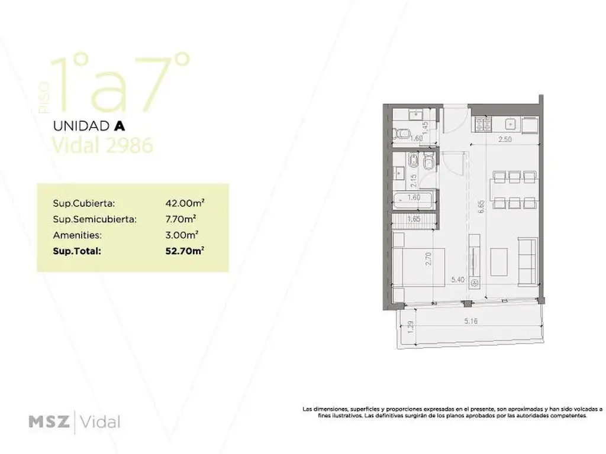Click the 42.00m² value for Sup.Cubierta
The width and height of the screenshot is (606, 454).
185,203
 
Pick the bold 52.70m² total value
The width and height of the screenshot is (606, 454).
185,251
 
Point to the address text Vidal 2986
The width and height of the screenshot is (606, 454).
102,145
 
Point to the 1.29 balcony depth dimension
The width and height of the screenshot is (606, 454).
410,326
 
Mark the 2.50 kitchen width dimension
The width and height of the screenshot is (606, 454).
505,140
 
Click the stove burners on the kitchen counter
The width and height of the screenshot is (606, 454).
483,125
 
